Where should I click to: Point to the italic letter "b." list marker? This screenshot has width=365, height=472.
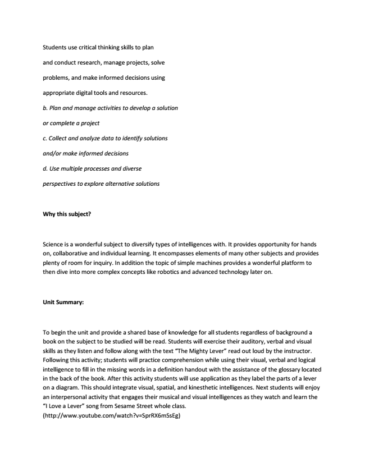click(45, 107)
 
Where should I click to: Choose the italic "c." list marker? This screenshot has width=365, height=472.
click(45, 138)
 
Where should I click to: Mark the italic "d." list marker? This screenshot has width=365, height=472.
click(45, 168)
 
